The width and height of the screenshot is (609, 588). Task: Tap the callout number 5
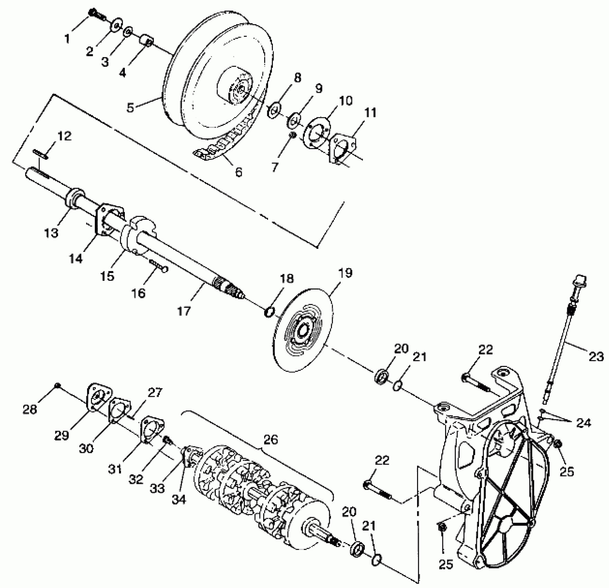coord(130,108)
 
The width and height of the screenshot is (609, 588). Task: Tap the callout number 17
coord(184,311)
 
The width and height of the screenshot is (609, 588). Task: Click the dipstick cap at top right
coord(580,281)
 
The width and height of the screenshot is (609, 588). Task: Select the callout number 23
coord(596,356)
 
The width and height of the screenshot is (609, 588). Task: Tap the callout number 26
coord(270,440)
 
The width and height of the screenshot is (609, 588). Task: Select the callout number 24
coord(584,422)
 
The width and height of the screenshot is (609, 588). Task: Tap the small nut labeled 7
coord(293,135)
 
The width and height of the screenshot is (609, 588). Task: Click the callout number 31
coord(115,469)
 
